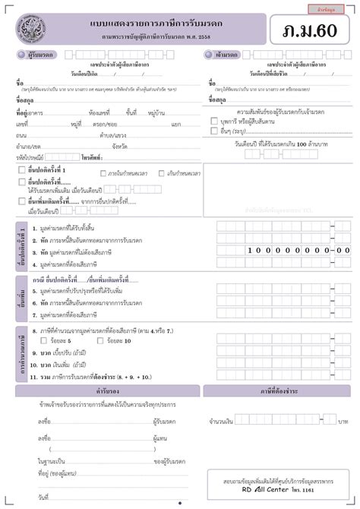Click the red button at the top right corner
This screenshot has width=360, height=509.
pyautogui.click(x=331, y=8)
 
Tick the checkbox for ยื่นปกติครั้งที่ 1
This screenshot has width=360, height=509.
pyautogui.click(x=22, y=170)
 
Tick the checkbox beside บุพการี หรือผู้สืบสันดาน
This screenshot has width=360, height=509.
pyautogui.click(x=214, y=122)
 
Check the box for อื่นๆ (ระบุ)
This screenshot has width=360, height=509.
pyautogui.click(x=214, y=131)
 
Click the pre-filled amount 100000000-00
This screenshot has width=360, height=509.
pyautogui.click(x=299, y=249)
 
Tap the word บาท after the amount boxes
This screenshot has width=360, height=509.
pyautogui.click(x=343, y=420)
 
